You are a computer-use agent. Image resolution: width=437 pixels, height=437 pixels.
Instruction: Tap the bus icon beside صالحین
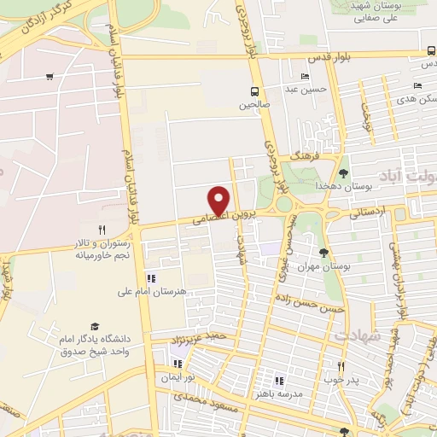tap(254, 91)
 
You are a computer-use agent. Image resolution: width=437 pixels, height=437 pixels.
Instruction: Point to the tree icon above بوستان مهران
tap(323, 253)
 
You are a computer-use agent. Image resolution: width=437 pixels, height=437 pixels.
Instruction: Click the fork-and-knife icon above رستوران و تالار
tap(102, 229)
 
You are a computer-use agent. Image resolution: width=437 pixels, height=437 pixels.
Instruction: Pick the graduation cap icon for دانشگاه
tap(94, 326)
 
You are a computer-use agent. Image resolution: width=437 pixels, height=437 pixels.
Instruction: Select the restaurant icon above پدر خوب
tap(340, 365)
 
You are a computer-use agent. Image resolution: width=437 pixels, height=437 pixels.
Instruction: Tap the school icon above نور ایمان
tap(178, 364)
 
